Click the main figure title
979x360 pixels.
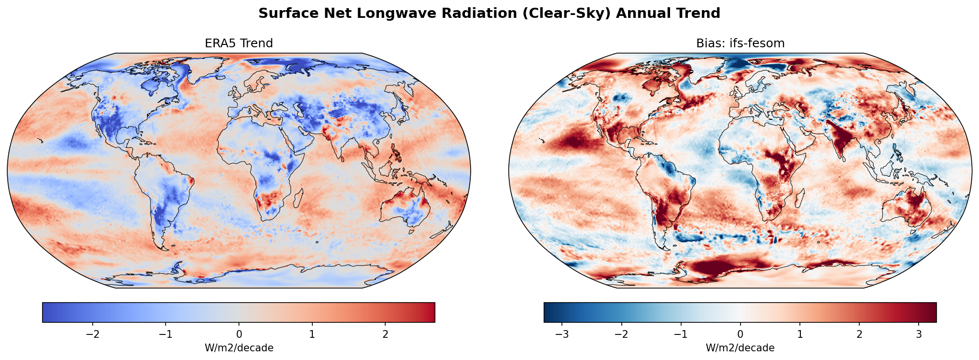coord(489,13)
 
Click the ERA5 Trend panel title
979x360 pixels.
coord(239,43)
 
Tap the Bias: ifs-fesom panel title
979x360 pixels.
coord(740,43)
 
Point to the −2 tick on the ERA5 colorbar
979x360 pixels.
coord(93,334)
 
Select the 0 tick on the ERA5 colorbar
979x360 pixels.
coord(239,334)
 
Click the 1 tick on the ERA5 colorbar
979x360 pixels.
coord(312,334)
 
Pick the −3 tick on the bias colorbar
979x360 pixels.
coord(562,334)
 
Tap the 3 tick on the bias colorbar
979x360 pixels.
coord(919,334)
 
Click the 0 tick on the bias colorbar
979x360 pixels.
coord(740,334)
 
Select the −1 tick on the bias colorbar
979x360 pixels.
coord(681,334)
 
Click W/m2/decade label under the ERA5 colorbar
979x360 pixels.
coord(239,348)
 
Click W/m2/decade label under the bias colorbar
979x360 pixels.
coord(740,348)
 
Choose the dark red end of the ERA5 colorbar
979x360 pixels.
coord(432,312)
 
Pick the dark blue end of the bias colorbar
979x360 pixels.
coord(547,312)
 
